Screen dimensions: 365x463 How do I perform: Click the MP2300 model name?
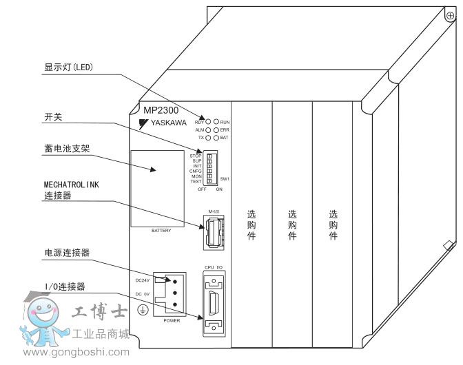coord(161,111)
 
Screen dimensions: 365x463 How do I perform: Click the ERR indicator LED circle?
coord(216,129)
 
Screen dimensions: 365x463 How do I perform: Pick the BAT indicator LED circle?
coord(216,138)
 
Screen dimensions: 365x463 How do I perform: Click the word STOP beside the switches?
coord(195,156)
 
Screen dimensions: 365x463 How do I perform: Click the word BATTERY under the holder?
coord(161,230)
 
